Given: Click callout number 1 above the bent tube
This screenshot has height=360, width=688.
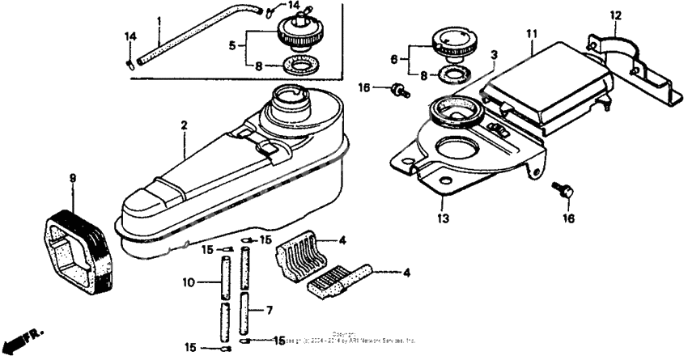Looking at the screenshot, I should click(159, 20).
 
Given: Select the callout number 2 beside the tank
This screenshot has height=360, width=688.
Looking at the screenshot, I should click(184, 125).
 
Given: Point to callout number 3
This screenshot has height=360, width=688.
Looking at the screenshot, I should click(494, 55).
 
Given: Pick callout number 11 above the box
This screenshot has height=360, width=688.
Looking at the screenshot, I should click(531, 33).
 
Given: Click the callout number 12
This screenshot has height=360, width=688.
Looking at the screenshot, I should click(615, 15).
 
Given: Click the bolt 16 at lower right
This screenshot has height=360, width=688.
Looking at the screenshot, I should click(564, 193).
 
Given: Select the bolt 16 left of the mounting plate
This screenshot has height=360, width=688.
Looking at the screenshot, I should click(398, 90).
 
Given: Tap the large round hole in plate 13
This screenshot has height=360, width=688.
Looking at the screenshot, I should click(455, 150).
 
